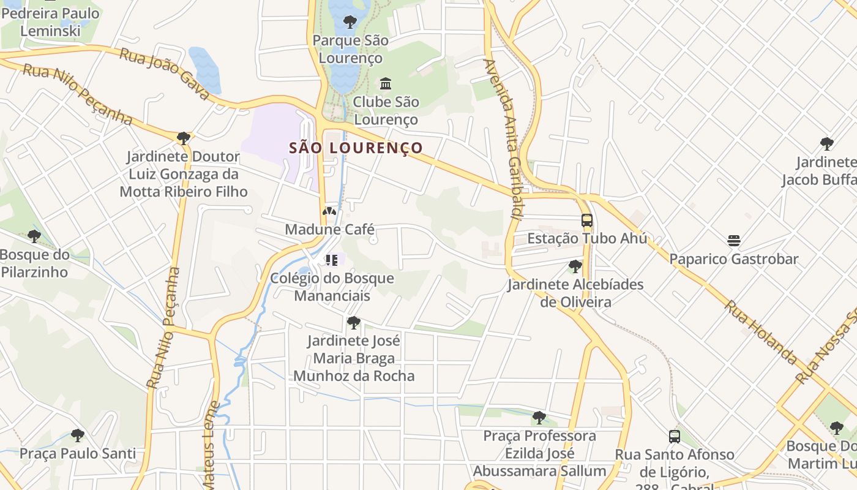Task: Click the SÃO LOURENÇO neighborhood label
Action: pyautogui.click(x=356, y=148)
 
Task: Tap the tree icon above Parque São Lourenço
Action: pyautogui.click(x=350, y=23)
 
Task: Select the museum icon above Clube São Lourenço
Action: pyautogui.click(x=386, y=83)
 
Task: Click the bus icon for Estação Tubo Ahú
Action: pyautogui.click(x=586, y=221)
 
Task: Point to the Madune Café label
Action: pyautogui.click(x=329, y=230)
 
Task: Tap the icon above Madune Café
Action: pyautogui.click(x=329, y=211)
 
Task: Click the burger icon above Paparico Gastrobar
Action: pyautogui.click(x=734, y=240)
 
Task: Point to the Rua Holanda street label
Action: pyautogui.click(x=762, y=333)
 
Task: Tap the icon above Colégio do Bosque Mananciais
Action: pyautogui.click(x=332, y=260)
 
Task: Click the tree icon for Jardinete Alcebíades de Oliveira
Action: pyautogui.click(x=575, y=266)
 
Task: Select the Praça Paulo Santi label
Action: pyautogui.click(x=78, y=454)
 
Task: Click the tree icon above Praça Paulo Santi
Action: pyautogui.click(x=77, y=435)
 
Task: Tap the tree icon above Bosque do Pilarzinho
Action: pyautogui.click(x=34, y=236)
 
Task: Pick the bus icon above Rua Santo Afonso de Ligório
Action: pyautogui.click(x=674, y=437)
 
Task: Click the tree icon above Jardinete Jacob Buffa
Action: pyautogui.click(x=826, y=144)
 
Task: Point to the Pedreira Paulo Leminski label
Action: pyautogui.click(x=50, y=21)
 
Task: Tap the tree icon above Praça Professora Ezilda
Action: pyautogui.click(x=539, y=418)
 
